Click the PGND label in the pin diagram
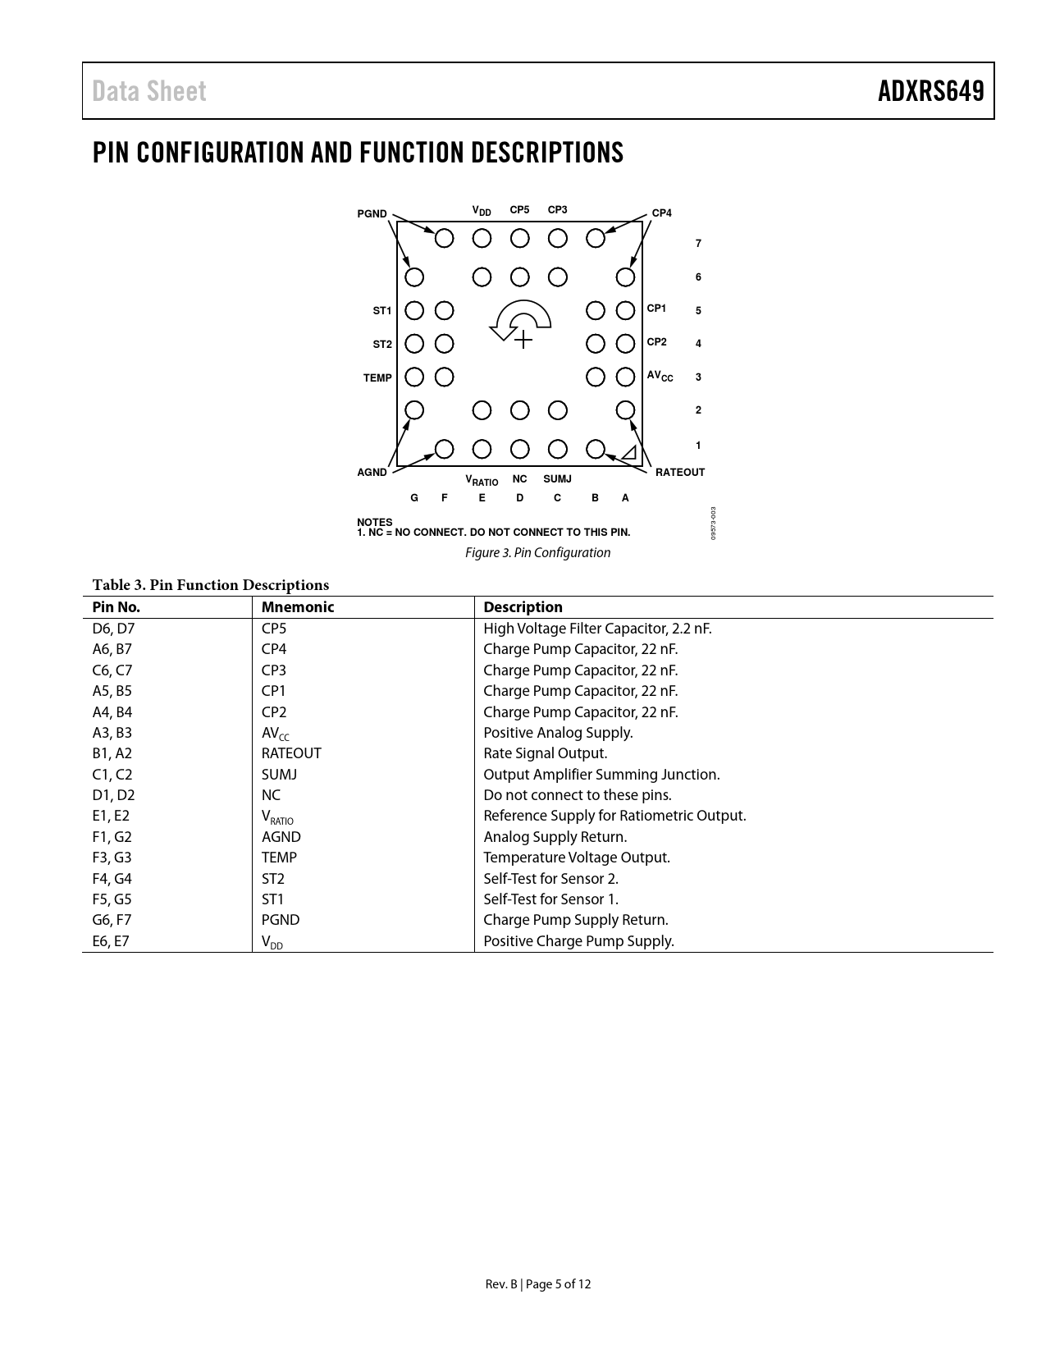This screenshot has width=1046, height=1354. click(x=372, y=214)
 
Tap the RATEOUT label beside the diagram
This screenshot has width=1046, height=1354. click(x=680, y=473)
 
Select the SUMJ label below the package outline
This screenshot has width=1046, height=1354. click(x=557, y=478)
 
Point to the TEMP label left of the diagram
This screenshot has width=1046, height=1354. click(x=377, y=378)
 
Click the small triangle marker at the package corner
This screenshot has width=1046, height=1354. click(x=629, y=453)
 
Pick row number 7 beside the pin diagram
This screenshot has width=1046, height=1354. click(x=698, y=244)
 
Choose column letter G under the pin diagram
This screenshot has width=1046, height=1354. click(x=414, y=498)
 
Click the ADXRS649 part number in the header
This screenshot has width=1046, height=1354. click(x=930, y=91)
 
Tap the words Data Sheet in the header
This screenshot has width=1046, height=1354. click(x=149, y=91)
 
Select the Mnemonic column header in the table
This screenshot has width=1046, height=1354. click(x=298, y=607)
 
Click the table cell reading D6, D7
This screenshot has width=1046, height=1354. click(x=113, y=629)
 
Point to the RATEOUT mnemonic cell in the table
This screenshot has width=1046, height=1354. click(x=291, y=753)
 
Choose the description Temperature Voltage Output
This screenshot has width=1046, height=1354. click(x=577, y=858)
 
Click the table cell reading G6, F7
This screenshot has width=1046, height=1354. click(x=112, y=920)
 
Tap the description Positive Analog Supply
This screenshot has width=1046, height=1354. click(x=558, y=733)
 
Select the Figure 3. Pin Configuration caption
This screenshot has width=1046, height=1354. click(x=537, y=553)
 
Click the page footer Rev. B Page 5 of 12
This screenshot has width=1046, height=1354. click(x=537, y=1284)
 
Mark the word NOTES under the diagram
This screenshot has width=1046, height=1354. click(x=375, y=522)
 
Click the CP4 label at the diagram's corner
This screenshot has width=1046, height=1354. click(x=661, y=213)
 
